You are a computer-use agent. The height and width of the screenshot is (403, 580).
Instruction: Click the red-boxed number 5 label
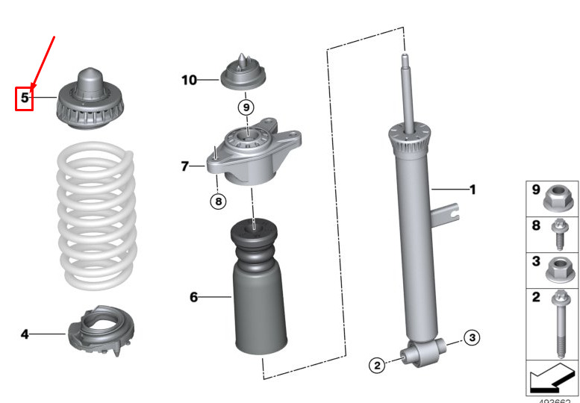coord(25,98)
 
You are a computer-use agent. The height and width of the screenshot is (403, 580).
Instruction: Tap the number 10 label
coord(189,78)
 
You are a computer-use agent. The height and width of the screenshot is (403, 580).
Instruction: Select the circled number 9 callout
coord(246,107)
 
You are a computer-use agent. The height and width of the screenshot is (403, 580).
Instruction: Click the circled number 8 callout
coord(217,200)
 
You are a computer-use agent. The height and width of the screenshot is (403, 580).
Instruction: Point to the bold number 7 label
coord(185,166)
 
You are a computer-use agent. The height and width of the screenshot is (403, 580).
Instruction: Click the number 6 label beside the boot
coord(193,297)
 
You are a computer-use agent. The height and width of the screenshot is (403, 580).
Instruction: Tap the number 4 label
coord(25,335)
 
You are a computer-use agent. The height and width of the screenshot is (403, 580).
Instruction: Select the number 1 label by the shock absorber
coord(472,190)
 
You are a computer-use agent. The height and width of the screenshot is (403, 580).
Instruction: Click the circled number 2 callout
coord(377,365)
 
